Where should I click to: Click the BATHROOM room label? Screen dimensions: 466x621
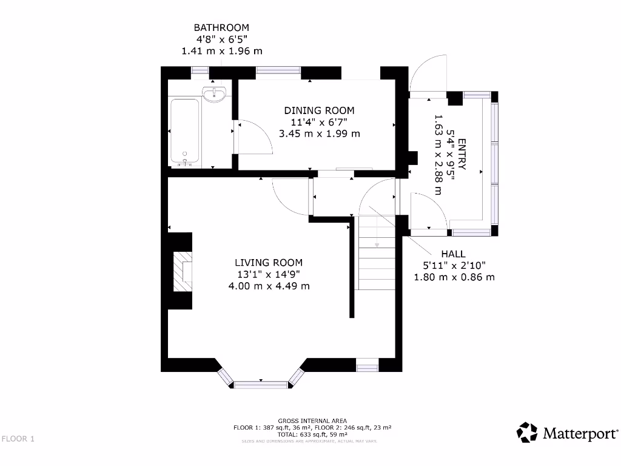221,28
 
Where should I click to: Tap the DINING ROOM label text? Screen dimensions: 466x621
319,110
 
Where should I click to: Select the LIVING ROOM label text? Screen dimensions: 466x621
268,263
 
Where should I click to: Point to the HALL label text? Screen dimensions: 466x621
454,254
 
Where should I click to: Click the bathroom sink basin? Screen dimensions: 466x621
214,95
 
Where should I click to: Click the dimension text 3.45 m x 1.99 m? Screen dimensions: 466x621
319,133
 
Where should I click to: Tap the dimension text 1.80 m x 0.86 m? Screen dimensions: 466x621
454,277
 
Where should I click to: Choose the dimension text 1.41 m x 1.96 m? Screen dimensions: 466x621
221,52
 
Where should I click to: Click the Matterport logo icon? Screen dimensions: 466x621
527,433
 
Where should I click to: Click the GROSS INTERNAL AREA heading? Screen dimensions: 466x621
312,420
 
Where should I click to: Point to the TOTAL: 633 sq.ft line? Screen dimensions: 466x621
312,434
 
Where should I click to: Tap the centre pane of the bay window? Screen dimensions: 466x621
261,384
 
